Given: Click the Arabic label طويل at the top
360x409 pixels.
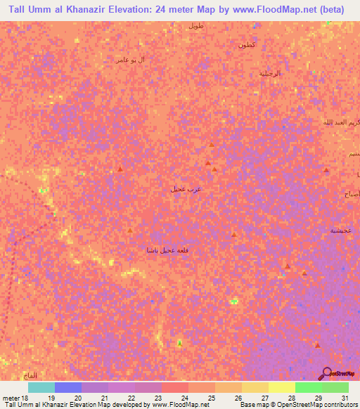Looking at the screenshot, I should point(195,25).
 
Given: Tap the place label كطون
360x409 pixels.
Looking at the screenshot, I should point(246,45).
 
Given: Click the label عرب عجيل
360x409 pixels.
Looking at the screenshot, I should point(182,188).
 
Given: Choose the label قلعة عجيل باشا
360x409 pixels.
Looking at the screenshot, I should point(167,251).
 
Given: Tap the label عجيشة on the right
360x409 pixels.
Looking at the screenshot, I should point(341,231).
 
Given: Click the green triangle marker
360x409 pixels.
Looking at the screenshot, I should point(179,342).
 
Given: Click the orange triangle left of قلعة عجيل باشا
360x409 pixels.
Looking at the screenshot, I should point(130,230).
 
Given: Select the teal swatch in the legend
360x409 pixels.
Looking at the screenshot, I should point(41,387).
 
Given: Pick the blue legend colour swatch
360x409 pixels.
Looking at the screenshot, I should point(67,387).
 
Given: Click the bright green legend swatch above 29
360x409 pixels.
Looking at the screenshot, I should point(308,387).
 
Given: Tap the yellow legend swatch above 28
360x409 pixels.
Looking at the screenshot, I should point(281,387).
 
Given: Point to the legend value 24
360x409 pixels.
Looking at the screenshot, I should point(185,398).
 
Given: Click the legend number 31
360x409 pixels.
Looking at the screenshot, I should point(343,398).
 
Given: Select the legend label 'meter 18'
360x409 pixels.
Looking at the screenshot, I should point(15,398).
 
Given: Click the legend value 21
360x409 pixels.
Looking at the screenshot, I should point(105,398).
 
